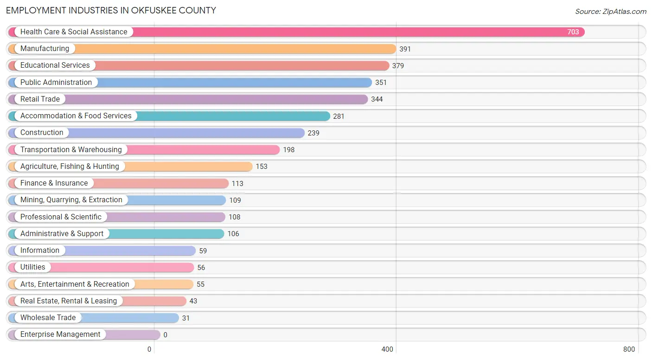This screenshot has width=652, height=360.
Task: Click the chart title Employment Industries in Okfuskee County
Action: pyautogui.click(x=111, y=10)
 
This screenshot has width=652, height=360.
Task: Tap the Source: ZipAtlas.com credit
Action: pyautogui.click(x=610, y=12)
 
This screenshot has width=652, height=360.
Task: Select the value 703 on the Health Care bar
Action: pyautogui.click(x=573, y=32)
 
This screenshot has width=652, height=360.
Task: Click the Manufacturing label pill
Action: pyautogui.click(x=45, y=49)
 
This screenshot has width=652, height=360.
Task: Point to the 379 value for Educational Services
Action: pyautogui.click(x=398, y=66)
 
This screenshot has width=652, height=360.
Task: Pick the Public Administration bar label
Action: pyautogui.click(x=56, y=83)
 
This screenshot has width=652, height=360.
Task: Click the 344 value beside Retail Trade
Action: pyautogui.click(x=377, y=99)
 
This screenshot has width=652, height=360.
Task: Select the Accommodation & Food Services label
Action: pyautogui.click(x=76, y=116)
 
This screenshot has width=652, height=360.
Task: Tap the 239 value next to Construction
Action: pyautogui.click(x=313, y=133)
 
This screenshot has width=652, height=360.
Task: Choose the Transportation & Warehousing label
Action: pyautogui.click(x=71, y=150)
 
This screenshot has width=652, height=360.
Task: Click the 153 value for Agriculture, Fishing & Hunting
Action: pyautogui.click(x=262, y=167)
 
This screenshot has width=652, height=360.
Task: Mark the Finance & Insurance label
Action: pyautogui.click(x=54, y=183)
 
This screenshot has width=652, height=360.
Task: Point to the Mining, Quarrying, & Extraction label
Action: pyautogui.click(x=71, y=200)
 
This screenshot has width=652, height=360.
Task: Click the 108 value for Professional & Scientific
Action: pyautogui.click(x=234, y=217)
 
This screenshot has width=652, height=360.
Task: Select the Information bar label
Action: pyautogui.click(x=40, y=251)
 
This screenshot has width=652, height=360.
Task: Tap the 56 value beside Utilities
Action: pyautogui.click(x=201, y=268)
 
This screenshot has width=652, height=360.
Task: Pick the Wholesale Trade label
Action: pyautogui.click(x=48, y=318)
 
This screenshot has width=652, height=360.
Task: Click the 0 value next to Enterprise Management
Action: pyautogui.click(x=165, y=335)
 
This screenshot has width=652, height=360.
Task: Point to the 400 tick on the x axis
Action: pyautogui.click(x=387, y=349)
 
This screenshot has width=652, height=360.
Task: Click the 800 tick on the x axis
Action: pyautogui.click(x=629, y=349)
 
